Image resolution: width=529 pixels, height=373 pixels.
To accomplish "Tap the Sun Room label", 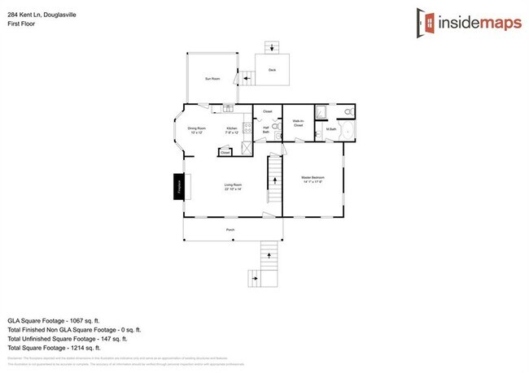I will tap(212, 79).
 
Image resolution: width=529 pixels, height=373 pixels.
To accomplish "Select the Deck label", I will tap(272, 71).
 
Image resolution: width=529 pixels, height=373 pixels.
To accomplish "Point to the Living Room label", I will tap(234, 186).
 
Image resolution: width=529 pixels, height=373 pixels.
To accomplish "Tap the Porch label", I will tap(230, 230).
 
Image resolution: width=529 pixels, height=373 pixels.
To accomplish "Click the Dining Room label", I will tap(197, 130).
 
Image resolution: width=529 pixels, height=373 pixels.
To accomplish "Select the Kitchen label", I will tap(232, 130).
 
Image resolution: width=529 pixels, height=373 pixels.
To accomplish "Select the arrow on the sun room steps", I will tap(246, 80).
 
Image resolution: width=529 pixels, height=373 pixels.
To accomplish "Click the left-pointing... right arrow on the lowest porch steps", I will tap(255, 279).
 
